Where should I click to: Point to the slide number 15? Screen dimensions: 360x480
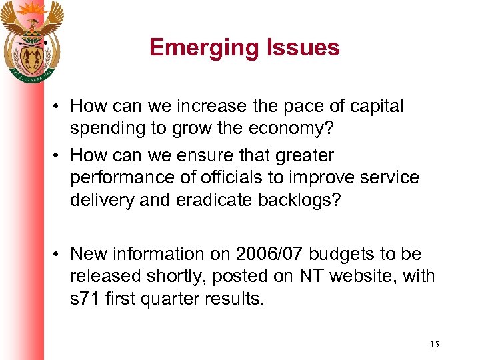pos(434,344)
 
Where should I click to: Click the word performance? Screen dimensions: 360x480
pos(125,179)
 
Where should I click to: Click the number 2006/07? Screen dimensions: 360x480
pos(261,254)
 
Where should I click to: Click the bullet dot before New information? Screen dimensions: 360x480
pos(58,255)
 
